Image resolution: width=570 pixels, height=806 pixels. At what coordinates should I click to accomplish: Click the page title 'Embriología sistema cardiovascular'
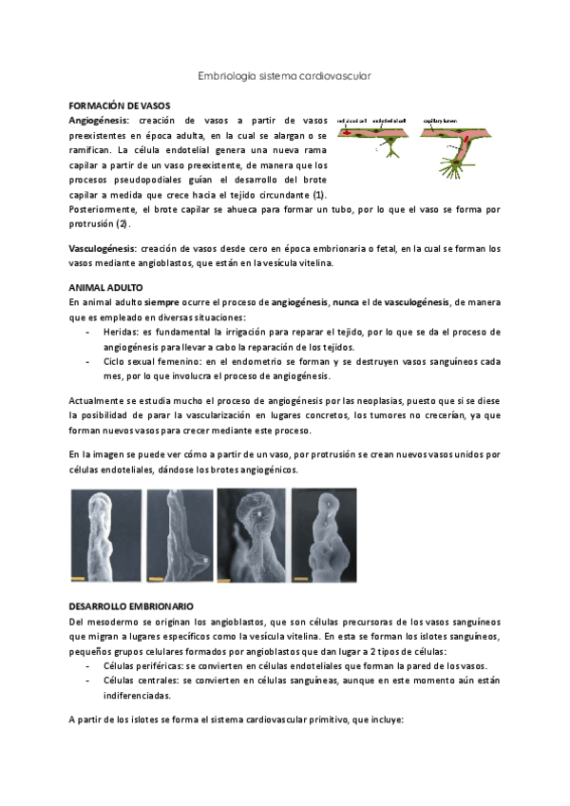(284, 74)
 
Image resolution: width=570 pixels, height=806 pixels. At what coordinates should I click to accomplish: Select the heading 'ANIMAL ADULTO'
(106, 286)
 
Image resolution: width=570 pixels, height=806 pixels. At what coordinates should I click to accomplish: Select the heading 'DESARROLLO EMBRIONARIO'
(131, 605)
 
